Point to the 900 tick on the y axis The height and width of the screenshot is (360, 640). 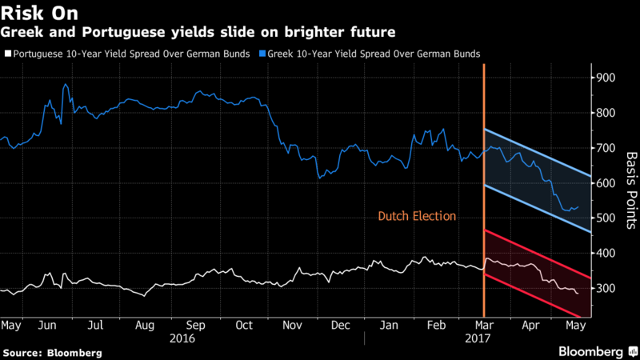(x=602, y=78)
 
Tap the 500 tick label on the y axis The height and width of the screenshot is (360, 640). (x=602, y=218)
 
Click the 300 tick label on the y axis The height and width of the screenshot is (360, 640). (x=602, y=288)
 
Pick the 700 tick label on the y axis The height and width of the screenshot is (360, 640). (x=602, y=148)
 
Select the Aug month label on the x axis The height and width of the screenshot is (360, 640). (x=145, y=326)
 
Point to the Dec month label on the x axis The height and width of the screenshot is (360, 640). (x=341, y=326)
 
